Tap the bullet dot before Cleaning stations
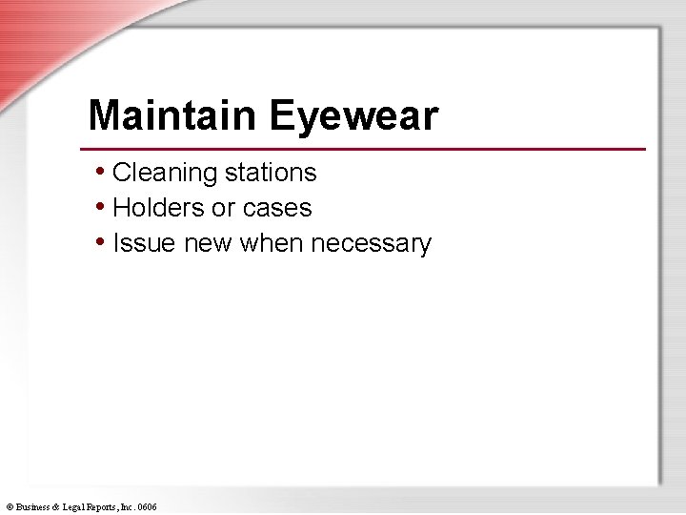[x=101, y=172]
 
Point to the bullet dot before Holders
[x=101, y=207]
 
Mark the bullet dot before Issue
[x=101, y=242]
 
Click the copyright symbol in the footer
[x=10, y=507]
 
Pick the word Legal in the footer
[x=79, y=507]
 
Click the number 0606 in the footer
[x=148, y=507]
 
